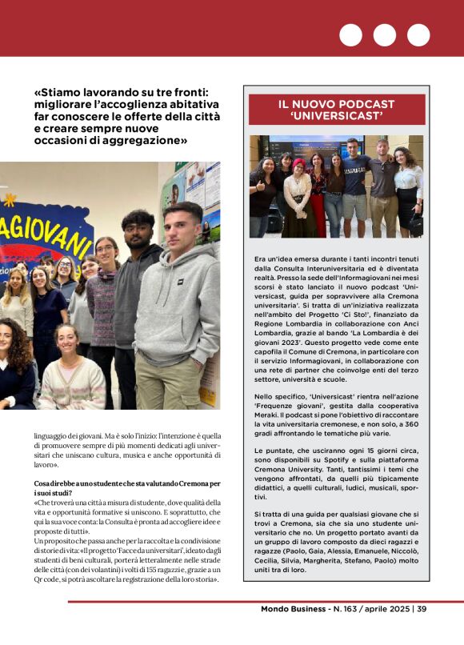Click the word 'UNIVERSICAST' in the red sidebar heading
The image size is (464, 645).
pos(336,117)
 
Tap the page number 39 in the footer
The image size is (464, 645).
pos(421,609)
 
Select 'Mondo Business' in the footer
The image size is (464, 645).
pos(294,609)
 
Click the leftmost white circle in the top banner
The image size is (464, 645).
pos(350,35)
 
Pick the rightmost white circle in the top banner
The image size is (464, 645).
pos(418,35)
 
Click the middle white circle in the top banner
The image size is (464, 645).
pos(385,35)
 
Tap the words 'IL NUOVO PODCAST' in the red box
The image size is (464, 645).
pos(336,104)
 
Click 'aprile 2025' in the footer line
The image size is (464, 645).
pos(386,609)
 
